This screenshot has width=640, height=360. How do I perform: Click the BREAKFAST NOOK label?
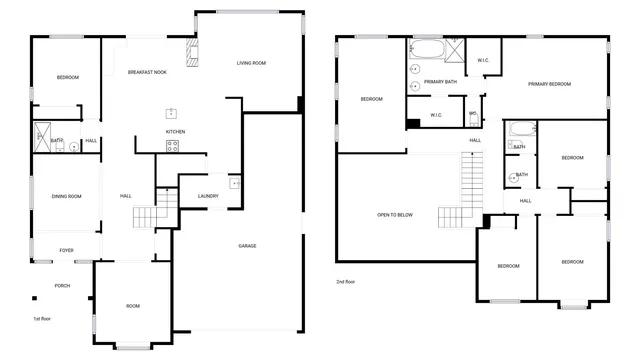click(x=146, y=72)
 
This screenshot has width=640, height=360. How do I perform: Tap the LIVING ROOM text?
click(x=251, y=63)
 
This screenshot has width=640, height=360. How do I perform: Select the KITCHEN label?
click(x=175, y=131)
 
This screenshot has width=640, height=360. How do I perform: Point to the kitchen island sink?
click(x=171, y=112)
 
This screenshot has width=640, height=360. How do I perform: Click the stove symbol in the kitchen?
click(x=172, y=146)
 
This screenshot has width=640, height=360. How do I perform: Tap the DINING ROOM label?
click(x=66, y=196)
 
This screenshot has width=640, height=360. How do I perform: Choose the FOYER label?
click(x=66, y=250)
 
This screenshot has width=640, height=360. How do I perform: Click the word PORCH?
click(x=62, y=285)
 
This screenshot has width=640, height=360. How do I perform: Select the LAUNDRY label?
click(x=208, y=196)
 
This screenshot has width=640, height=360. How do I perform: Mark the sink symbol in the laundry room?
click(x=235, y=183)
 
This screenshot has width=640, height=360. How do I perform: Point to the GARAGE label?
click(x=247, y=245)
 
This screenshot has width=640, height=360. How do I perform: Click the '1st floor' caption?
click(x=42, y=318)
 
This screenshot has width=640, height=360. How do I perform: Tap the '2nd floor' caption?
click(x=346, y=282)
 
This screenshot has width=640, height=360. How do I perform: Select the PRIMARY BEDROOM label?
click(x=549, y=84)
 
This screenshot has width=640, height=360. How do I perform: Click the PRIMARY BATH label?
click(x=440, y=82)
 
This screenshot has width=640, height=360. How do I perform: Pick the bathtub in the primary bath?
click(x=427, y=48)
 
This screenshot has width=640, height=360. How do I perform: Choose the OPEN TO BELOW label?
click(x=395, y=215)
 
